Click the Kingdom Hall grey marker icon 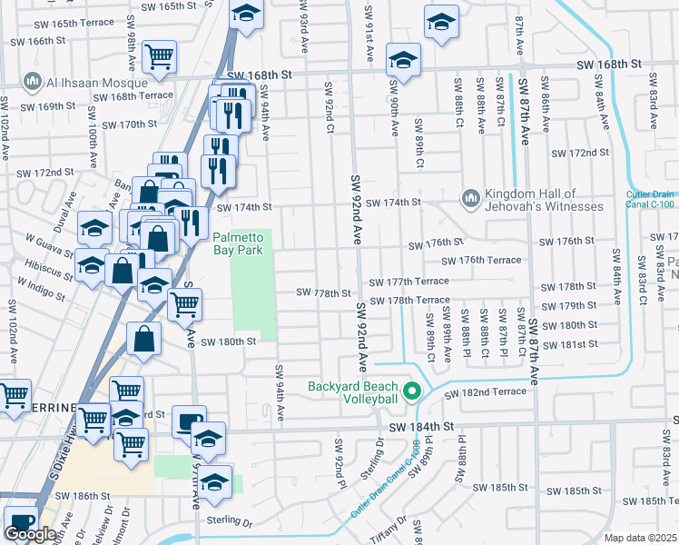click(x=470, y=198)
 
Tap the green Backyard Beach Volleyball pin click(x=412, y=392)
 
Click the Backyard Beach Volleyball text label click(x=353, y=392)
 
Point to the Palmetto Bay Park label click(x=242, y=244)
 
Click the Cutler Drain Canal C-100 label click(x=652, y=200)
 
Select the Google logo click(x=30, y=534)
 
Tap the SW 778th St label click(x=324, y=293)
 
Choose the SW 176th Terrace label click(x=481, y=260)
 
